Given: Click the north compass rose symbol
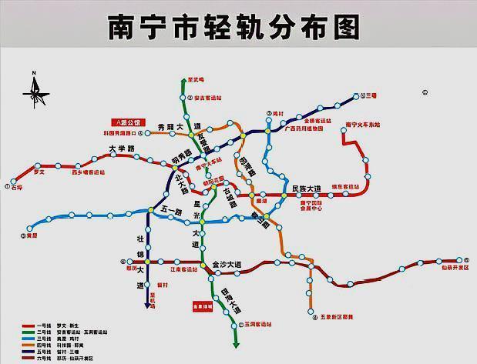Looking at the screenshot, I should pos(35,91).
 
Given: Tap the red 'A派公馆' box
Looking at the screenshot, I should pos(126,122).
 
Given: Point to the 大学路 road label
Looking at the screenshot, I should pos(121,149).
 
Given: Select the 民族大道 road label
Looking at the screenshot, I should pos(306,189).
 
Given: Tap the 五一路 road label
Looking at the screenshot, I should pos(173,209).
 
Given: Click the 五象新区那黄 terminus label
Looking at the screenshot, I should pos(337,317).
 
